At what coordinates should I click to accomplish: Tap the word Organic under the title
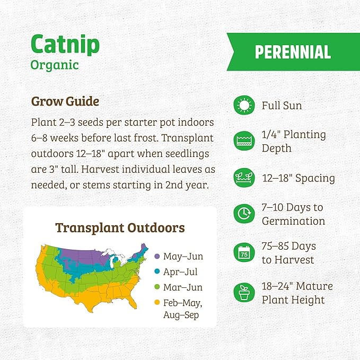(55, 65)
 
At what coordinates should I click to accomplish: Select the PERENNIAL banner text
(293, 52)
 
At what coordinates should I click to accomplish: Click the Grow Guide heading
(65, 101)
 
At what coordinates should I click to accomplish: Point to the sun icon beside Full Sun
(244, 106)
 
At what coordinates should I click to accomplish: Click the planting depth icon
(244, 141)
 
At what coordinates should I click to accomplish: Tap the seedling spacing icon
(244, 178)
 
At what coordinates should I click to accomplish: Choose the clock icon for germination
(244, 214)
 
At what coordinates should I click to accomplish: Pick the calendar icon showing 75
(244, 253)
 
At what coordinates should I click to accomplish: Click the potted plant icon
(244, 293)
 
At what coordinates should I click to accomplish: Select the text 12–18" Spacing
(298, 178)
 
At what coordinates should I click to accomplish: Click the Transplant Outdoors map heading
(120, 228)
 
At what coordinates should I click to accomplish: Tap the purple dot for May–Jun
(157, 257)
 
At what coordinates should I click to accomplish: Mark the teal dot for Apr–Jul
(157, 272)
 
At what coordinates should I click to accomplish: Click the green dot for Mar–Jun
(157, 287)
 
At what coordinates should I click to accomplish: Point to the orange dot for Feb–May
(157, 303)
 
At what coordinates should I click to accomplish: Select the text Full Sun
(282, 106)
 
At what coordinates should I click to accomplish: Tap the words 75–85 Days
(289, 247)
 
